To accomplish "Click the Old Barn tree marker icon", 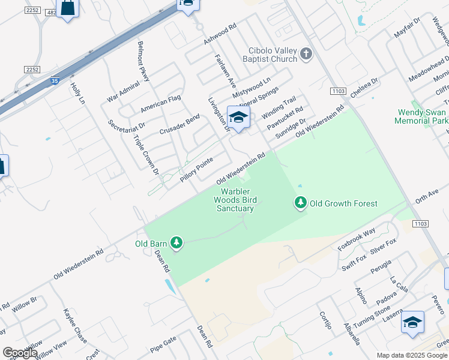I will [176, 242].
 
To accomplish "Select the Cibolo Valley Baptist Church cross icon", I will [306, 54].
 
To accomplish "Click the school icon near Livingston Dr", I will [238, 117].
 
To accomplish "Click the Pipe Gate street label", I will [163, 346].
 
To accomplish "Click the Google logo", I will [20, 353].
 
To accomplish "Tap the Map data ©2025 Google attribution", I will [411, 355].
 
